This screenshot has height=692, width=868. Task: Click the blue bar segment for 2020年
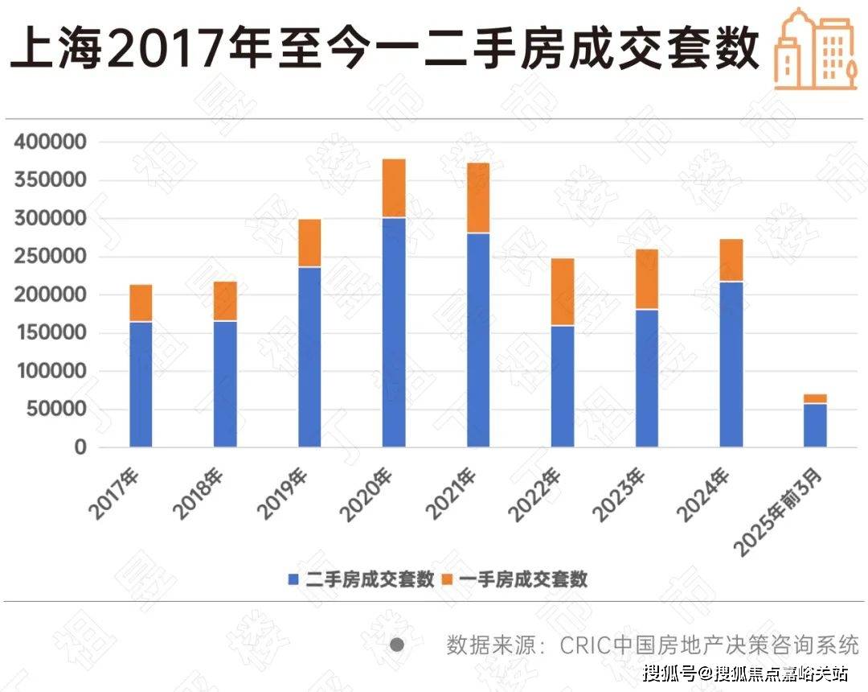(394, 332)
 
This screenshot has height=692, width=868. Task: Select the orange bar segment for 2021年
(478, 198)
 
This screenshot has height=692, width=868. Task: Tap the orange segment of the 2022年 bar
(563, 291)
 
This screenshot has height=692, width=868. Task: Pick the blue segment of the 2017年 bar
(141, 384)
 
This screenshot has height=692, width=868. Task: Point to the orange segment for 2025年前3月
(815, 398)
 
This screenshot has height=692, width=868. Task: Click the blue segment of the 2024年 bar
(731, 364)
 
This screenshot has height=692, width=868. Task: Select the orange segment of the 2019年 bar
(309, 243)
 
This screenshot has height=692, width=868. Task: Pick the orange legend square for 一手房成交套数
(450, 579)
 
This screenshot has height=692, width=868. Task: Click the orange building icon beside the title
(813, 49)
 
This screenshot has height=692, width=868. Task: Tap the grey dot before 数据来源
(396, 645)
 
